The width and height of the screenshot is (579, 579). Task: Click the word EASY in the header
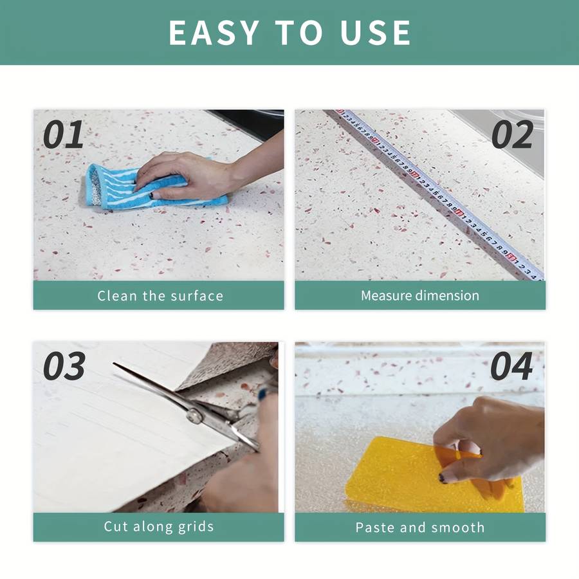point(214,33)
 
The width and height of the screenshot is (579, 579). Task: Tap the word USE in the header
point(375,33)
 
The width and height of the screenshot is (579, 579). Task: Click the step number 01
point(64,135)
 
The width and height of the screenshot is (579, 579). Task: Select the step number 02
point(512,135)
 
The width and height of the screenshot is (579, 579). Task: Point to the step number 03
point(64,366)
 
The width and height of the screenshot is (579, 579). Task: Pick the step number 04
point(511,366)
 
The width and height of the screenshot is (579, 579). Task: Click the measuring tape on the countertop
point(439,194)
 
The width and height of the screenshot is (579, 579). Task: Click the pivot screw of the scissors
point(194,416)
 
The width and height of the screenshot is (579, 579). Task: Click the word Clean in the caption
point(117,296)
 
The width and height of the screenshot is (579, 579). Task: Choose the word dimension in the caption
point(447,296)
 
